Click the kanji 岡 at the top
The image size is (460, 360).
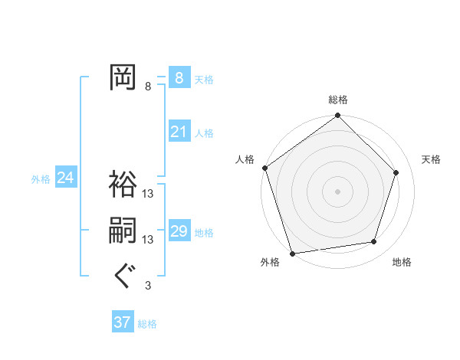click(x=123, y=77)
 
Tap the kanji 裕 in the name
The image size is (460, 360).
click(x=123, y=184)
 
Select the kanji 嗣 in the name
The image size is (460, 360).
click(x=123, y=231)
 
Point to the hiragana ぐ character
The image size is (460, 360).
click(x=123, y=277)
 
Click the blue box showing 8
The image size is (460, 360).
click(x=179, y=78)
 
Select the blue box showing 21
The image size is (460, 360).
click(x=179, y=132)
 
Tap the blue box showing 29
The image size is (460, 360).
click(x=179, y=231)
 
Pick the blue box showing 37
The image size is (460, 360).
click(x=122, y=322)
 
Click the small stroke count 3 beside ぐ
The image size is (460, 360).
click(x=148, y=286)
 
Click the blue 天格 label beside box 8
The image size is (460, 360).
click(x=204, y=80)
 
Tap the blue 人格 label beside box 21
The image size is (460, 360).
click(x=204, y=133)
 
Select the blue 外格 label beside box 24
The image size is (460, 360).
click(x=41, y=179)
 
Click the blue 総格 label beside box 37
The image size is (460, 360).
click(x=147, y=324)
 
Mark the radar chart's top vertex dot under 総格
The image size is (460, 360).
click(x=337, y=116)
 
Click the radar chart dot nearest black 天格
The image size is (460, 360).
click(x=396, y=172)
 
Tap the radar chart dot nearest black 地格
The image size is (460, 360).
click(x=374, y=242)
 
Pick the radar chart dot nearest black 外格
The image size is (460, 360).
click(x=292, y=254)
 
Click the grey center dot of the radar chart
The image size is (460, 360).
click(x=337, y=191)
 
